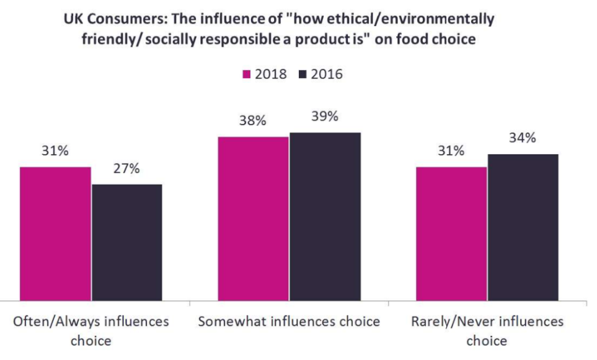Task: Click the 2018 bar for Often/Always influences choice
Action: pyautogui.click(x=55, y=234)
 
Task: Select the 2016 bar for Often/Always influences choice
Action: pyautogui.click(x=127, y=242)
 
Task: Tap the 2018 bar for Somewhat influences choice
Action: pyautogui.click(x=254, y=219)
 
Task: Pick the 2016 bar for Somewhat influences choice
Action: pyautogui.click(x=325, y=216)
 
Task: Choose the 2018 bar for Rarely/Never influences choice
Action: pyautogui.click(x=451, y=234)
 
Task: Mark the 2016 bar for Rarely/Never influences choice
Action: pyautogui.click(x=523, y=227)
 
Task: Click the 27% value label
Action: pyautogui.click(x=126, y=169)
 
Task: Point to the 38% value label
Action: pyautogui.click(x=252, y=121)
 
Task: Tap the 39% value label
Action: pyautogui.click(x=324, y=116)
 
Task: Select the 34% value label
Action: pyautogui.click(x=522, y=138)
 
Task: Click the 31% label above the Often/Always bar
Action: pyautogui.click(x=55, y=151)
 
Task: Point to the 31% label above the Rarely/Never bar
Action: pyautogui.click(x=451, y=151)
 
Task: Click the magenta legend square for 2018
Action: pyautogui.click(x=246, y=74)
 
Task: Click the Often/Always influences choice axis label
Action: pyautogui.click(x=91, y=331)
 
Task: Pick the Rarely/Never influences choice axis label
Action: pyautogui.click(x=487, y=331)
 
